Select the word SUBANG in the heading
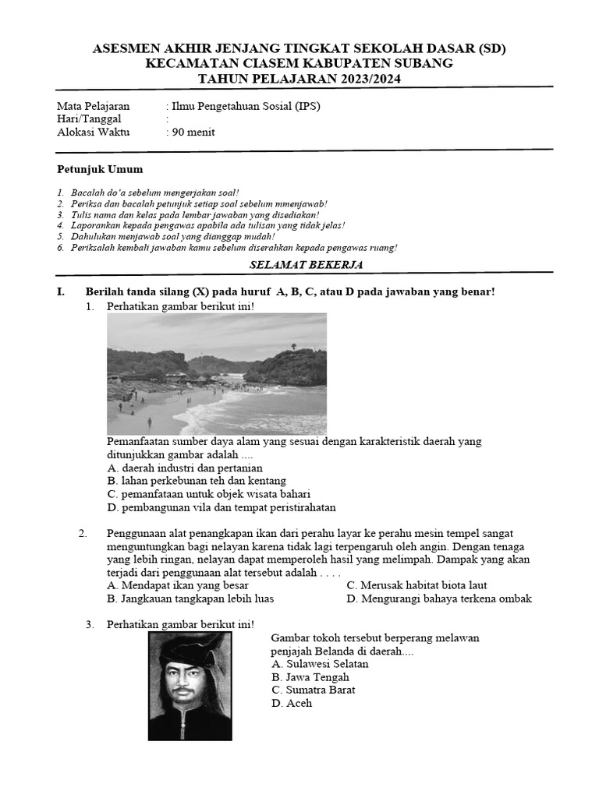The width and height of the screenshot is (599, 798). click(424, 63)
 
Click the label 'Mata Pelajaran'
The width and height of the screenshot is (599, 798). click(94, 107)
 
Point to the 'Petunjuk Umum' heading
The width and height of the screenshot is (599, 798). click(100, 169)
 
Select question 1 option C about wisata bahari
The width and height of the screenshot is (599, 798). click(209, 494)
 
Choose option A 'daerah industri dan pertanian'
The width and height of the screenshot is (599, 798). click(185, 468)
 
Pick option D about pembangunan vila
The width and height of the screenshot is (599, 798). click(222, 507)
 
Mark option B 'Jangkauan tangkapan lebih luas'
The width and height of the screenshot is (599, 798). click(190, 598)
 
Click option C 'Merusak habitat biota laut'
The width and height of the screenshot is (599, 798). click(416, 585)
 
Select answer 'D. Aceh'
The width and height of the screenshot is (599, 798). click(292, 703)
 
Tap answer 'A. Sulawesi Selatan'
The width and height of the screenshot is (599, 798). click(320, 664)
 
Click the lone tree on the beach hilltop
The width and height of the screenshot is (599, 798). click(293, 346)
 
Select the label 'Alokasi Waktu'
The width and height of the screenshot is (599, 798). click(94, 132)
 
